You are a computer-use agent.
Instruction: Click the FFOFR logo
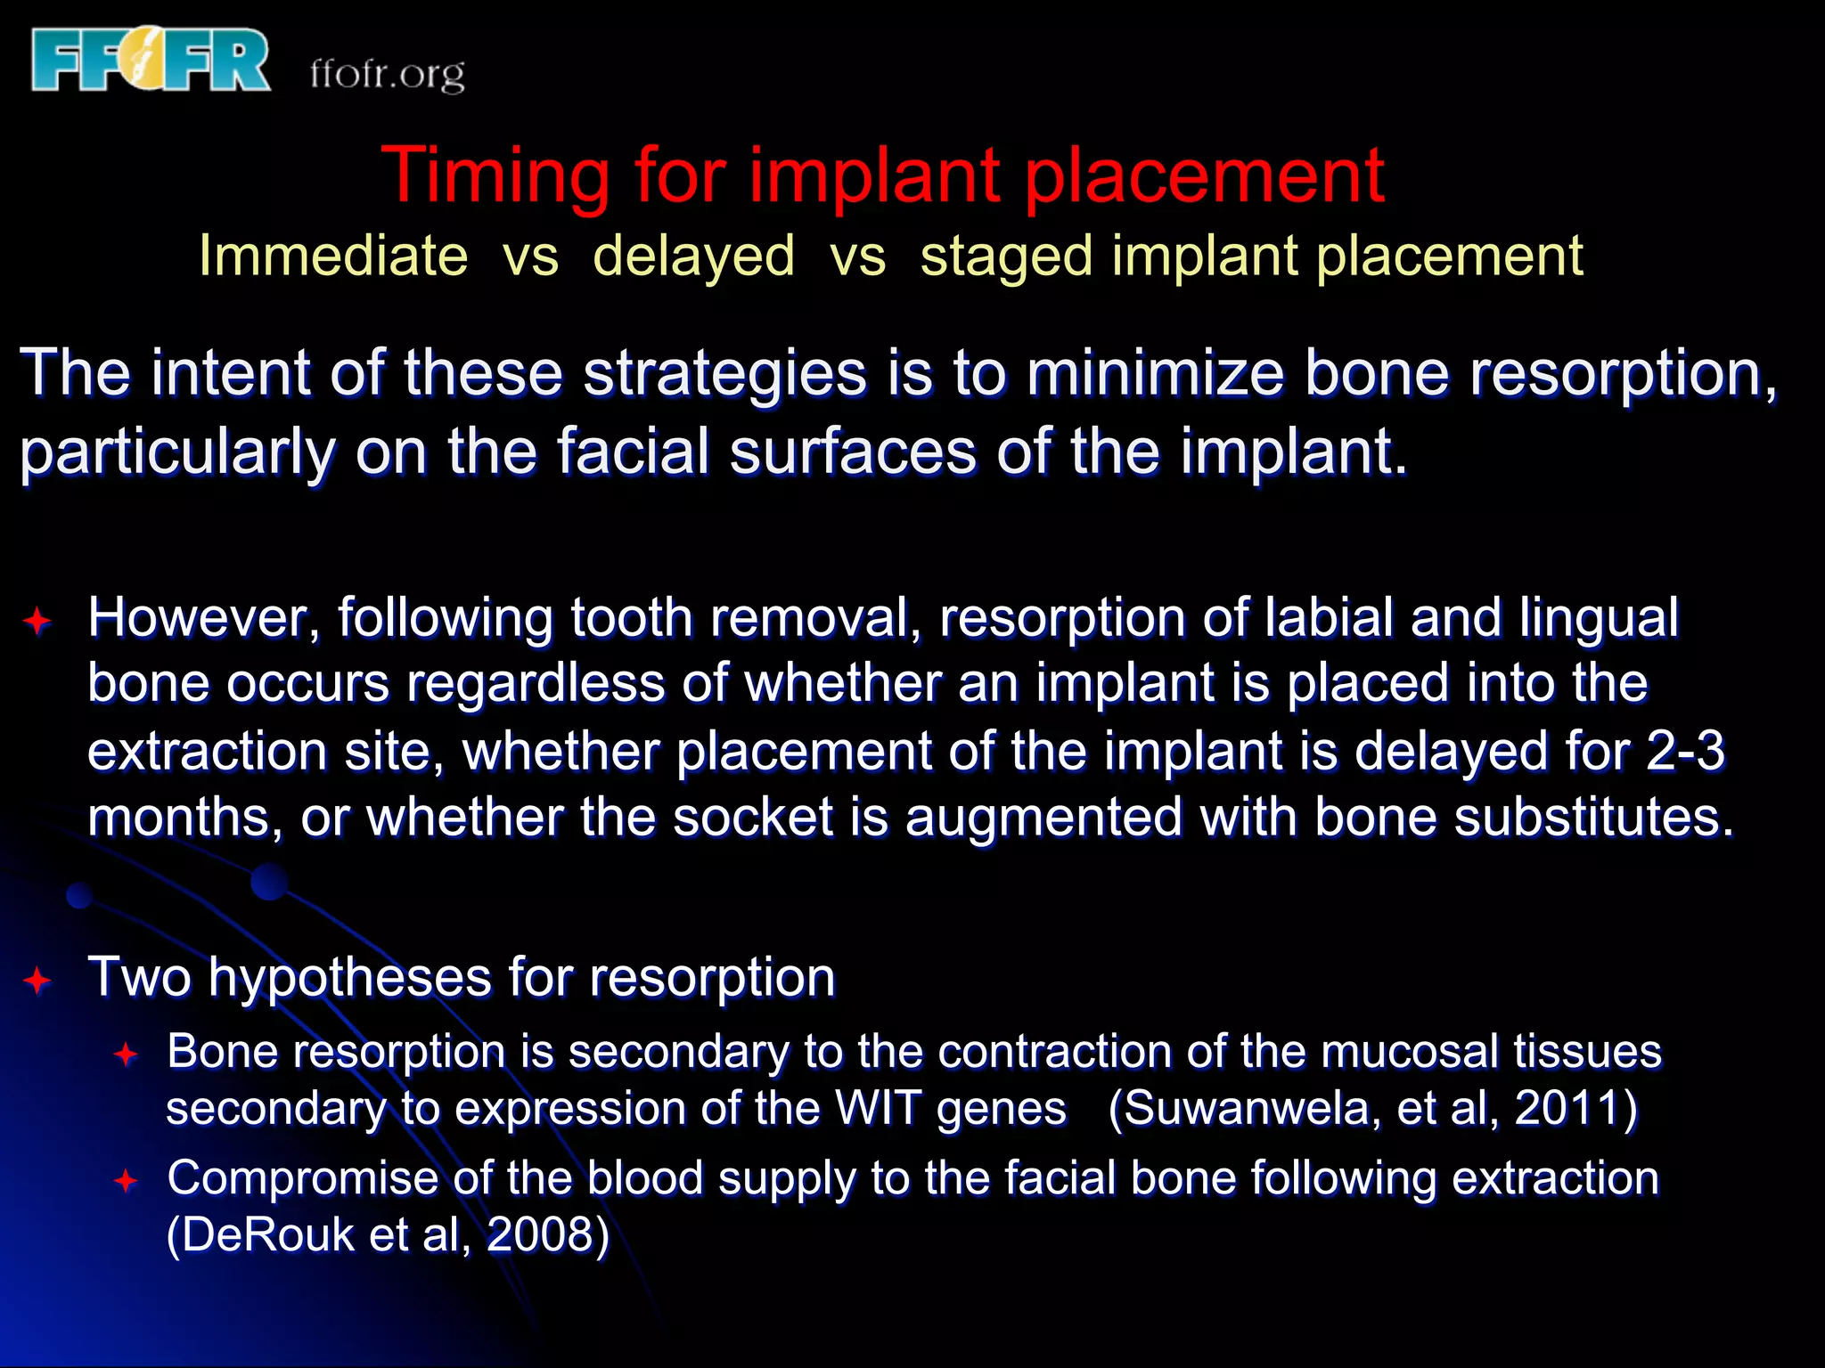coord(150,61)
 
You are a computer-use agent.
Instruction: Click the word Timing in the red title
coord(495,176)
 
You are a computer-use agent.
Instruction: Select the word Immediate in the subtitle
coord(332,256)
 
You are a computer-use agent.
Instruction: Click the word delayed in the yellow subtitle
coord(693,256)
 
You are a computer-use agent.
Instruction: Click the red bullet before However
coord(37,621)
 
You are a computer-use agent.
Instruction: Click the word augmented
coord(1043,817)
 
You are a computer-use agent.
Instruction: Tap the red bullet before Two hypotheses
coord(37,981)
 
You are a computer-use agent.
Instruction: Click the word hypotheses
coord(349,977)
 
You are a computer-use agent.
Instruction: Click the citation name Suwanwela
coord(1252,1109)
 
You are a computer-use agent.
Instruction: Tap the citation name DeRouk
coord(268,1235)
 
